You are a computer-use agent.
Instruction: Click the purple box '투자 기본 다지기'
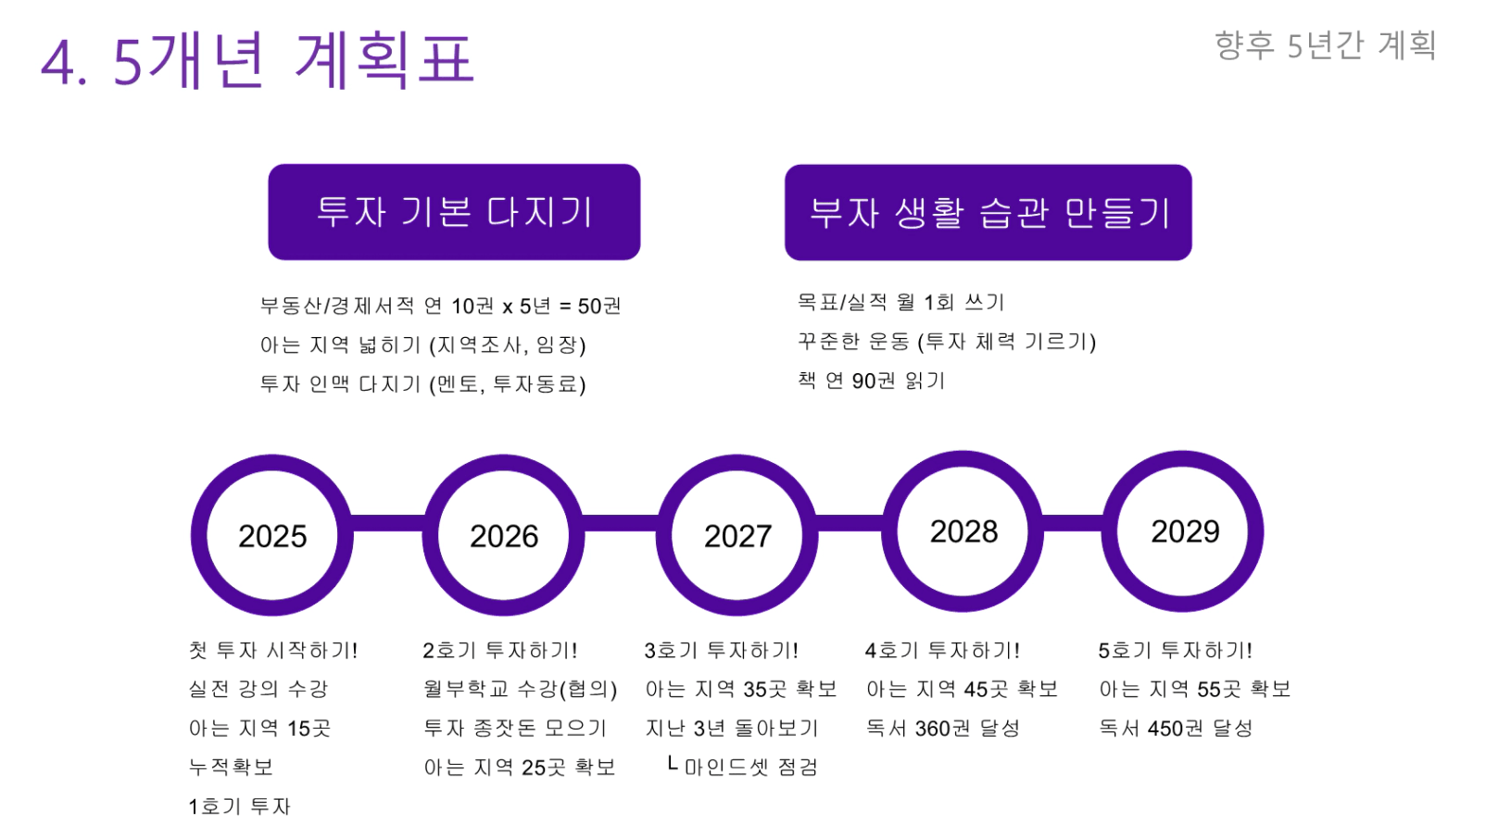click(455, 212)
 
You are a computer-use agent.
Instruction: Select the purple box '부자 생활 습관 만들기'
click(989, 212)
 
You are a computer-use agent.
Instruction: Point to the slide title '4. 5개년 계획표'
click(258, 60)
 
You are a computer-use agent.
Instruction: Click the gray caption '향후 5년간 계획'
click(1326, 45)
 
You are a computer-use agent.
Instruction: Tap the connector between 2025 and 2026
click(388, 523)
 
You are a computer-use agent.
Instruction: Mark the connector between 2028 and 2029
click(1073, 523)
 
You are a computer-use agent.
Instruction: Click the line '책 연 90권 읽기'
click(871, 381)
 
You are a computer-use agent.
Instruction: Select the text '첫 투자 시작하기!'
click(273, 650)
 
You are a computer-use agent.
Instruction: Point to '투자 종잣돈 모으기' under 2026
click(515, 728)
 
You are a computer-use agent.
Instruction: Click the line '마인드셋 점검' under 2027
click(751, 767)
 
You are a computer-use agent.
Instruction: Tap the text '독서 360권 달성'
click(943, 728)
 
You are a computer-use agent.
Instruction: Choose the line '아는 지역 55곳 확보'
click(1195, 689)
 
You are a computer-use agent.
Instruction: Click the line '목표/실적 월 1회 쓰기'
click(900, 303)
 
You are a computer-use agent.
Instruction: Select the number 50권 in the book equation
click(599, 306)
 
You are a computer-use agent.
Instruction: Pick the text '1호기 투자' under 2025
click(240, 806)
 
